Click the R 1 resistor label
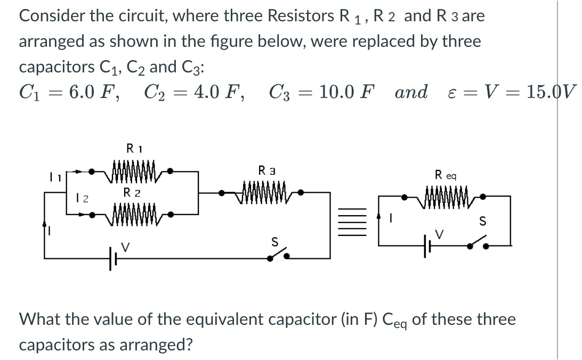coord(132,148)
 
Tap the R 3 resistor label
coord(265,171)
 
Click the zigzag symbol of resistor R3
coord(265,190)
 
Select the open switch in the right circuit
coord(479,244)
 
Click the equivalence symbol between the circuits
coord(357,223)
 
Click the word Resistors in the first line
coord(300,16)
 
